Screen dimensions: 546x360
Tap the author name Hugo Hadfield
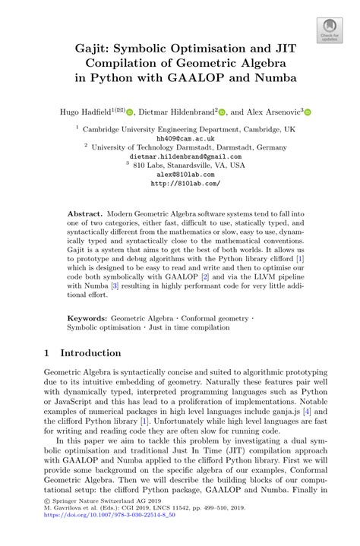click(x=86, y=112)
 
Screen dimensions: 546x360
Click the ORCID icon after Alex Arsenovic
click(x=307, y=112)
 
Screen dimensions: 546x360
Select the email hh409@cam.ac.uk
click(x=180, y=139)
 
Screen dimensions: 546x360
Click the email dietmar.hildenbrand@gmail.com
click(x=180, y=156)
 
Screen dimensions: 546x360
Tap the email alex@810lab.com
click(x=180, y=174)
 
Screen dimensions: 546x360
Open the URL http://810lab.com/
click(x=180, y=183)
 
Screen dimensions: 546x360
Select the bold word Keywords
click(x=87, y=318)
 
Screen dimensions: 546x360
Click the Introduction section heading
click(x=90, y=353)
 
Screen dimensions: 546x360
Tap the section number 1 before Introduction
click(x=48, y=353)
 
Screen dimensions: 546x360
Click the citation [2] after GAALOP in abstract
click(x=204, y=279)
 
